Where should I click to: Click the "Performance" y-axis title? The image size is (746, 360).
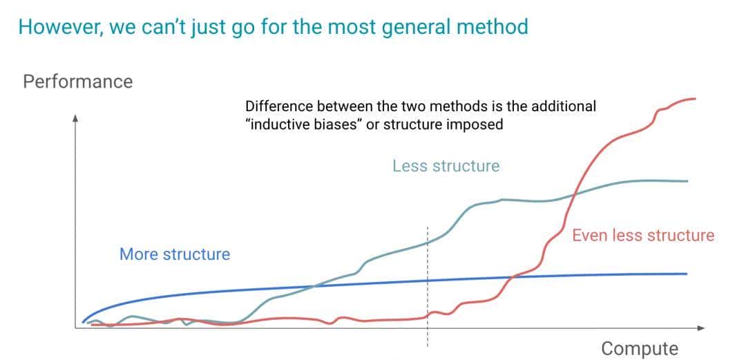pyautogui.click(x=77, y=82)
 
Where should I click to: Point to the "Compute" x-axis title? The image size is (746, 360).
pyautogui.click(x=639, y=348)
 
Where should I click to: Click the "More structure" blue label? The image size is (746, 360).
pyautogui.click(x=175, y=254)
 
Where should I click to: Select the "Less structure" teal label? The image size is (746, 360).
pyautogui.click(x=446, y=166)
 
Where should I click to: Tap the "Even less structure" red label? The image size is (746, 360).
pyautogui.click(x=642, y=236)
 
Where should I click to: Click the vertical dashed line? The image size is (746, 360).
pyautogui.click(x=428, y=290)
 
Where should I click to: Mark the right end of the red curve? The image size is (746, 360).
pyautogui.click(x=695, y=98)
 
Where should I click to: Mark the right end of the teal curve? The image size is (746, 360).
pyautogui.click(x=688, y=181)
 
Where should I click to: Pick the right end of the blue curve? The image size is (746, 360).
pyautogui.click(x=687, y=274)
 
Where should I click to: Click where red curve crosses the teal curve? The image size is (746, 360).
pyautogui.click(x=575, y=196)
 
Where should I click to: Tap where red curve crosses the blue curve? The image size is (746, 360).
pyautogui.click(x=512, y=277)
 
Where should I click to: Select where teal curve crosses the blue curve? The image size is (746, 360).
pyautogui.click(x=315, y=285)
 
